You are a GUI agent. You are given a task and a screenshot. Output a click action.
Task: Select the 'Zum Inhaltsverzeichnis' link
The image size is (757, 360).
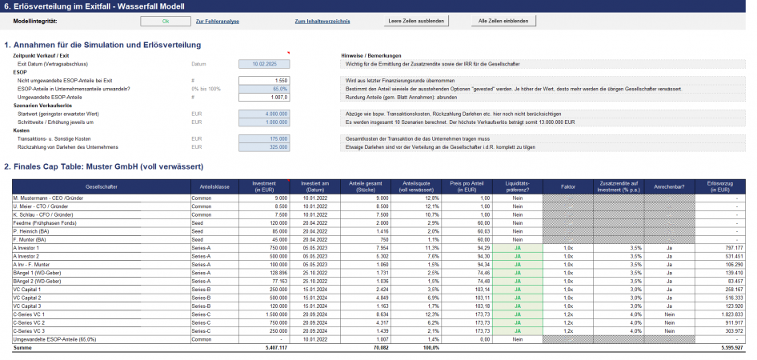click(x=322, y=20)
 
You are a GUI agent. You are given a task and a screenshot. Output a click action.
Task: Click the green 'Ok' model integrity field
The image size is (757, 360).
click(x=165, y=20)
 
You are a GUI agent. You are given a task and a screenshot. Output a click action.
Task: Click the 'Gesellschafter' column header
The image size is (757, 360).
click(x=98, y=186)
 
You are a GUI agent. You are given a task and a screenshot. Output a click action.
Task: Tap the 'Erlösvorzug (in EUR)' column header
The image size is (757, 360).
click(x=719, y=186)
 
